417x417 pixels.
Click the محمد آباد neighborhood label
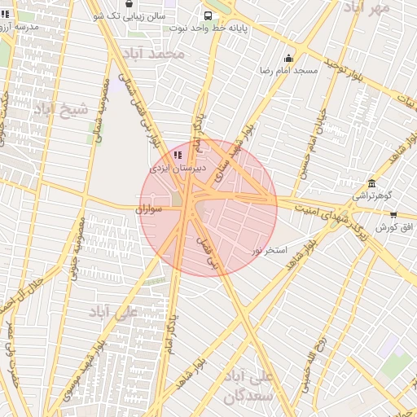pos(154,54)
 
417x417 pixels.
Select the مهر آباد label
pos(367,7)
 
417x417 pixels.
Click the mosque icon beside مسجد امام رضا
pos(288,58)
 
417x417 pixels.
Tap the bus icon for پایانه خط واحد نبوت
pos(208,15)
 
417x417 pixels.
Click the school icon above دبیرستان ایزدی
pos(178,155)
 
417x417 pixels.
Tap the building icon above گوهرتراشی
pos(372,183)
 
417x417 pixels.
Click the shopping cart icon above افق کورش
pos(394,215)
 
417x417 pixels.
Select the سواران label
pos(151,210)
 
